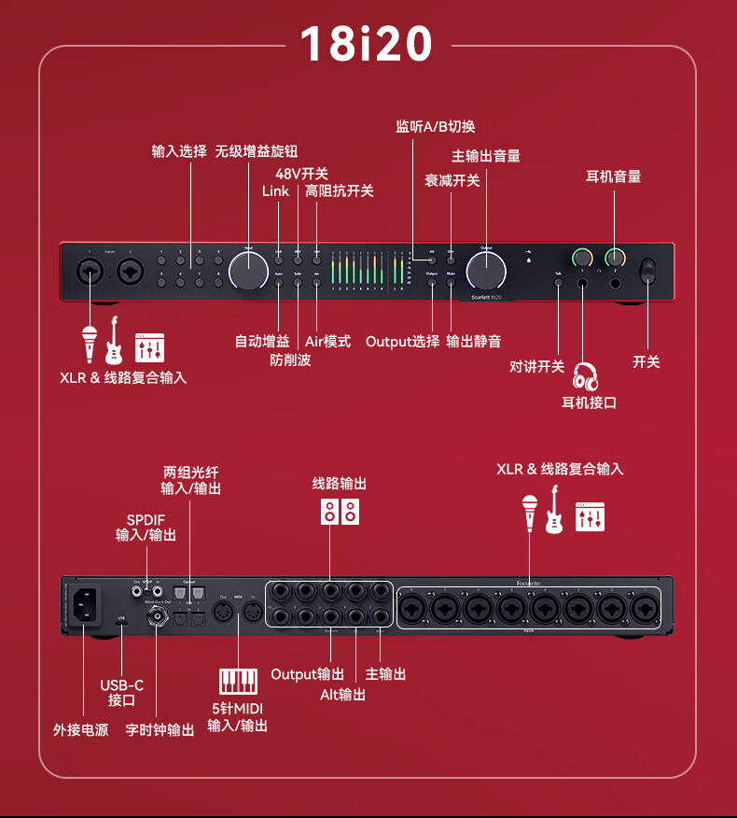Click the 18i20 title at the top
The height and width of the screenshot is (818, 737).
(367, 44)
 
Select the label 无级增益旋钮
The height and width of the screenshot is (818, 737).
(257, 151)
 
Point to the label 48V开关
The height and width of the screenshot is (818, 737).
(301, 173)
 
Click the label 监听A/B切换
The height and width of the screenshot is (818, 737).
(436, 127)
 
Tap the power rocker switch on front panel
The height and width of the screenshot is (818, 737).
(647, 271)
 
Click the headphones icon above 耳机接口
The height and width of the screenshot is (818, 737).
(586, 376)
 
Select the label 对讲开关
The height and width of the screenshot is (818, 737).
(537, 366)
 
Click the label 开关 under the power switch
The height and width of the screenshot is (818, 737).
(647, 361)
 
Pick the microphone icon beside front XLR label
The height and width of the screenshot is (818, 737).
(90, 344)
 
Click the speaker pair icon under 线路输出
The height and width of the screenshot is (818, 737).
(340, 512)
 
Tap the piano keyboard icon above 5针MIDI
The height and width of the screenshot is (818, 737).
(238, 680)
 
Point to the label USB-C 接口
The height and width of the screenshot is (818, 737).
(122, 693)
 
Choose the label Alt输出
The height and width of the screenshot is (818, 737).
(342, 694)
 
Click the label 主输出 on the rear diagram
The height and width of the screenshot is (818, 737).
(386, 673)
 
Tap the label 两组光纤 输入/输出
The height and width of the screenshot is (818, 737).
(190, 480)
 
